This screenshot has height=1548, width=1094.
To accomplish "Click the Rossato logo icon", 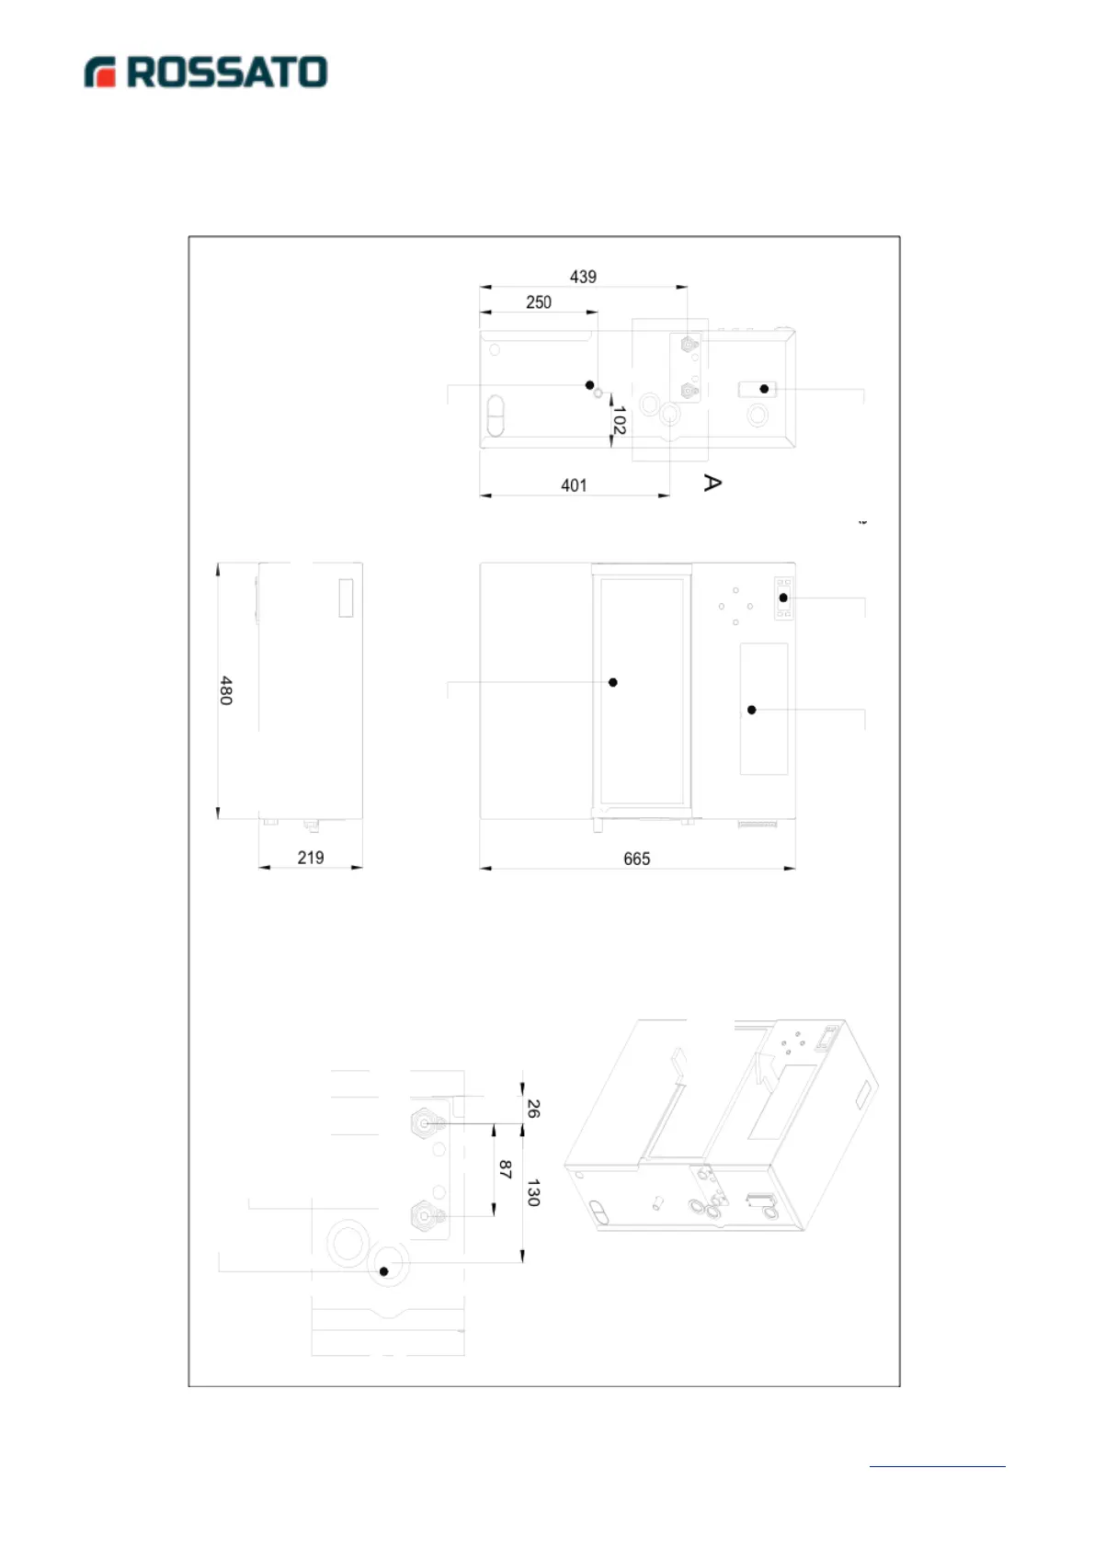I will pyautogui.click(x=100, y=73).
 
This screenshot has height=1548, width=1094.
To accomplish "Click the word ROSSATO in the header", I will pyautogui.click(x=227, y=73).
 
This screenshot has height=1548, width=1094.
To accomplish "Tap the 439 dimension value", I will pyautogui.click(x=583, y=277).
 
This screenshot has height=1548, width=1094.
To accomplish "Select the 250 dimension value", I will pyautogui.click(x=539, y=302).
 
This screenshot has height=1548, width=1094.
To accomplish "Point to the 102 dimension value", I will pyautogui.click(x=619, y=421).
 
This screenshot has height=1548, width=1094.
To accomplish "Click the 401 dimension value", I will pyautogui.click(x=574, y=485).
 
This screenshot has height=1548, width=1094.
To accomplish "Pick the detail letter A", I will pyautogui.click(x=712, y=482).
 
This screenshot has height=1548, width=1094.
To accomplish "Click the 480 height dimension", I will pyautogui.click(x=226, y=690).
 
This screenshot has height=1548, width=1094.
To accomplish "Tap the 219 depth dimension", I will pyautogui.click(x=311, y=858).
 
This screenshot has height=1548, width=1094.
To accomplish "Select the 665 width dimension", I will pyautogui.click(x=636, y=859).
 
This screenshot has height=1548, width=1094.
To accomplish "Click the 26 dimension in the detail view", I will pyautogui.click(x=533, y=1109).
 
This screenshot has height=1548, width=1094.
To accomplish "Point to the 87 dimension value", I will pyautogui.click(x=505, y=1169).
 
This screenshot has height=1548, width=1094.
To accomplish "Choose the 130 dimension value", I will pyautogui.click(x=533, y=1193).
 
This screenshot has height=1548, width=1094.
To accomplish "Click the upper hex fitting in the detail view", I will pyautogui.click(x=424, y=1123).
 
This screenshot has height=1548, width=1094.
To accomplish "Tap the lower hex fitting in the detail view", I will pyautogui.click(x=424, y=1215).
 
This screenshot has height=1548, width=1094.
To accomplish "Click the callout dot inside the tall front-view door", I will pyautogui.click(x=613, y=682).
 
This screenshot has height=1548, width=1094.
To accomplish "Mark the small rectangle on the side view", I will pyautogui.click(x=346, y=598).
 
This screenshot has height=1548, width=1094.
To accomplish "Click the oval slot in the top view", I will pyautogui.click(x=496, y=415).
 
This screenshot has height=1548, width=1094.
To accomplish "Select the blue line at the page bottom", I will pyautogui.click(x=937, y=1466).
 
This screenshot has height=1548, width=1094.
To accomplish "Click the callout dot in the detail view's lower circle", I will pyautogui.click(x=384, y=1271).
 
